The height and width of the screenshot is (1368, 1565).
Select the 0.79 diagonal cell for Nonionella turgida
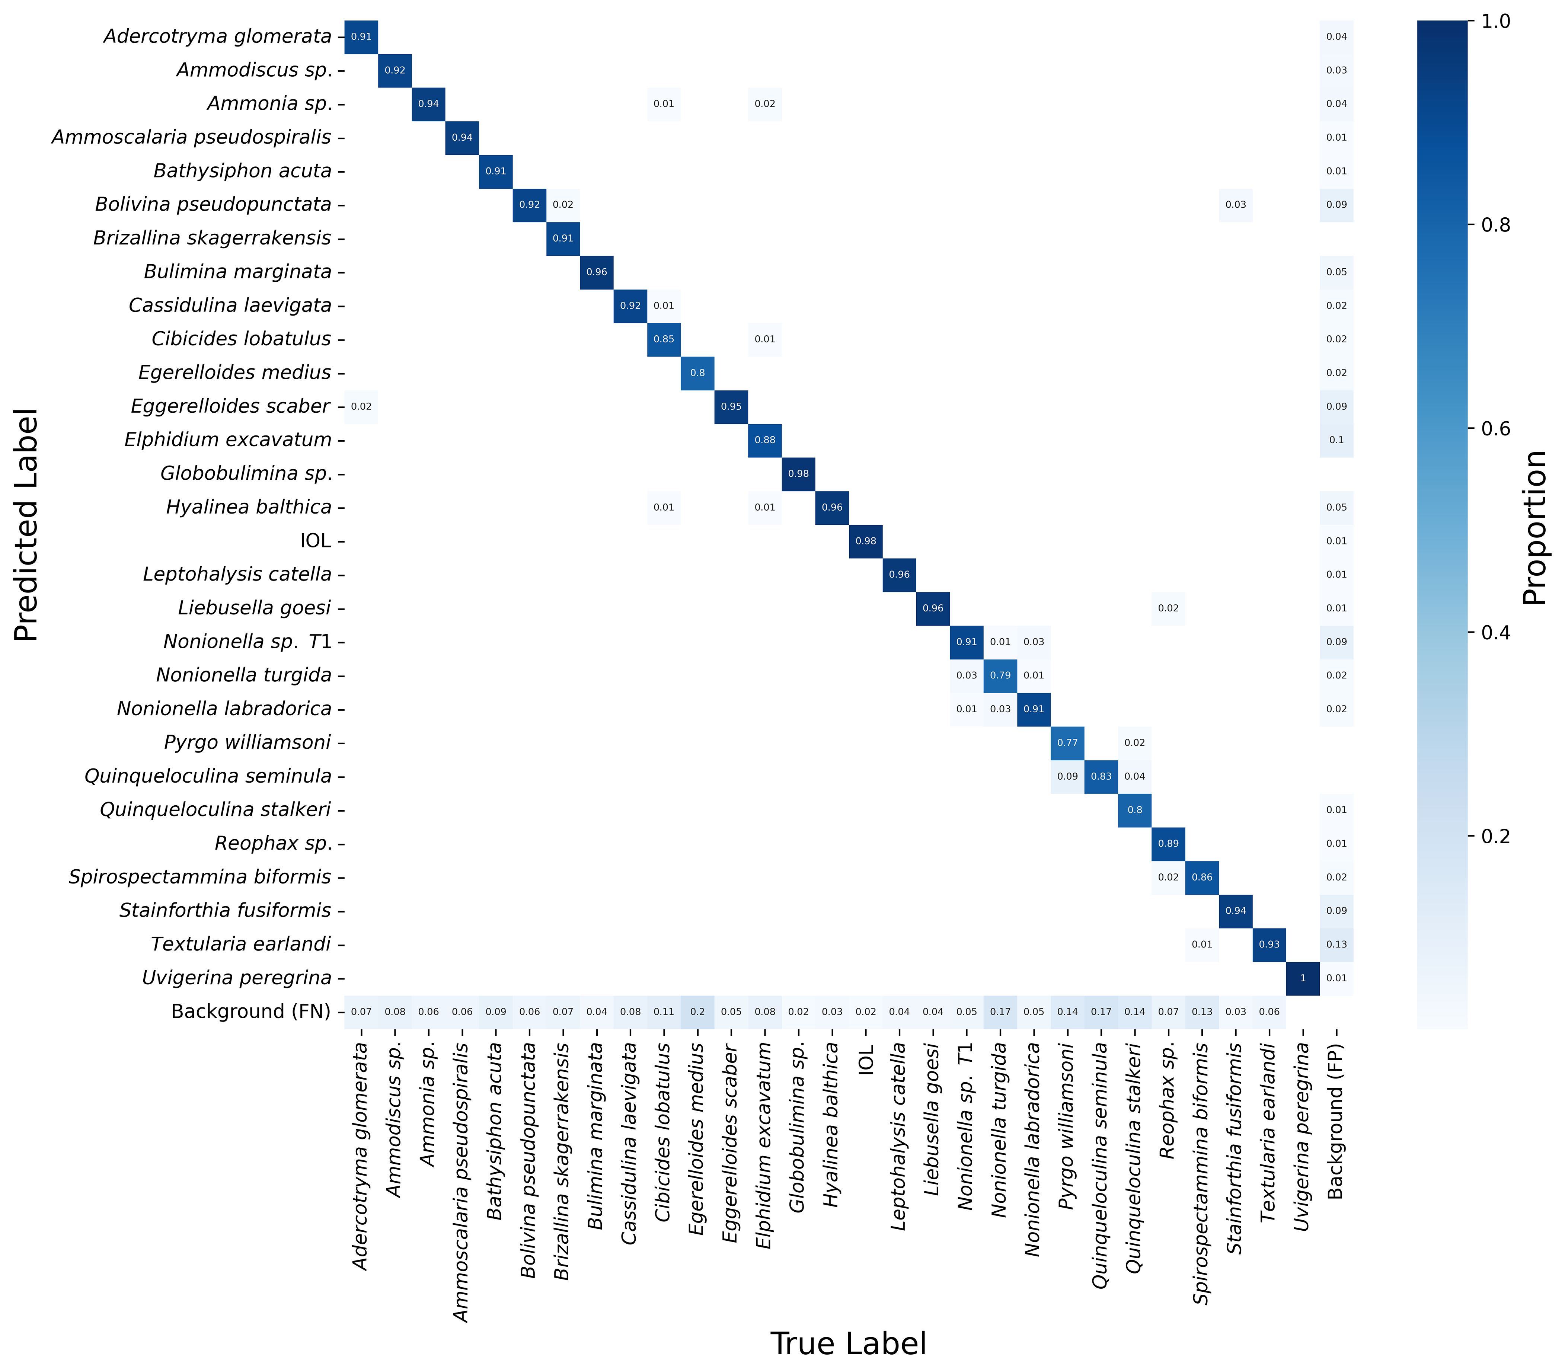coord(1000,675)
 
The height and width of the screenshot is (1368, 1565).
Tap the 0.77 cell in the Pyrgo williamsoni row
coord(1067,743)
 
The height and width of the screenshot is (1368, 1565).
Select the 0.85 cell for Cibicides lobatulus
coord(664,339)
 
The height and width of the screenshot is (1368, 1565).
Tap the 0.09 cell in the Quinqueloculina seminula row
coord(1067,776)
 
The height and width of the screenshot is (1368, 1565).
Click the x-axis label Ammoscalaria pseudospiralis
coord(461,1183)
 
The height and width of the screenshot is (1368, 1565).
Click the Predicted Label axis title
coord(26,525)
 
